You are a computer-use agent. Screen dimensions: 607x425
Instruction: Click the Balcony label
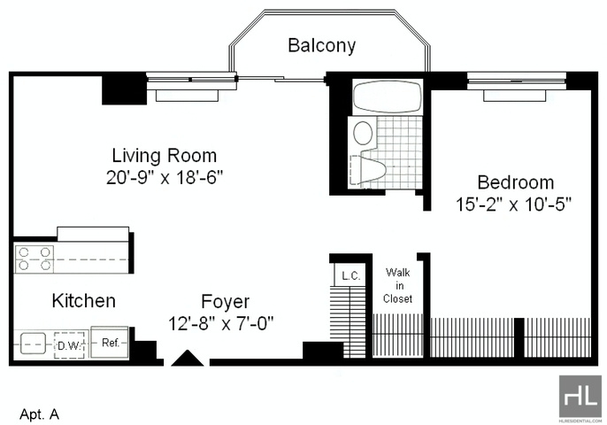322,46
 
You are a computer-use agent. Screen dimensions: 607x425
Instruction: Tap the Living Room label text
165,156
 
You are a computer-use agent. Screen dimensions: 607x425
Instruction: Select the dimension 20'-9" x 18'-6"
165,178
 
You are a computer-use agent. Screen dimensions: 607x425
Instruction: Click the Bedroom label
516,182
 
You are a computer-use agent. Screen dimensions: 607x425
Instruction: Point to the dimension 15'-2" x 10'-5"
514,205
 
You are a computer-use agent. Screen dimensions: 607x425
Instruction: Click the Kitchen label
83,301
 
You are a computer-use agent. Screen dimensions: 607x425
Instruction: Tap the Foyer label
226,302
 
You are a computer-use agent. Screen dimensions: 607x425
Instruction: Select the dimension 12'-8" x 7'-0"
221,323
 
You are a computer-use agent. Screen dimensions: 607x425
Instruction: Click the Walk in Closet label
397,286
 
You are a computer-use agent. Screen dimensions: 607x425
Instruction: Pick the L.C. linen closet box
350,274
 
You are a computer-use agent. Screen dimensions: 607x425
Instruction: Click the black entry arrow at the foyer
188,358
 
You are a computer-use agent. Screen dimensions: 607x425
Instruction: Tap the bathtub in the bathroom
388,97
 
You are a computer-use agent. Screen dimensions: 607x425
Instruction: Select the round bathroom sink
364,133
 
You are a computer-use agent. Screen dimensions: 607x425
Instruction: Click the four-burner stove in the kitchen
35,259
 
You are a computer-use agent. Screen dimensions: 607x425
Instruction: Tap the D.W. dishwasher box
69,344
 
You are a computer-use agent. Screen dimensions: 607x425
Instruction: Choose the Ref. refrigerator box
110,342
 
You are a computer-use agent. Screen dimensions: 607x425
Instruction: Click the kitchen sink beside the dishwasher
33,344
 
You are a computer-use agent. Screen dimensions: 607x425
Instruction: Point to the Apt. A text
40,414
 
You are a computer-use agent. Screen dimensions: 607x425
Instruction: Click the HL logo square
580,397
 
